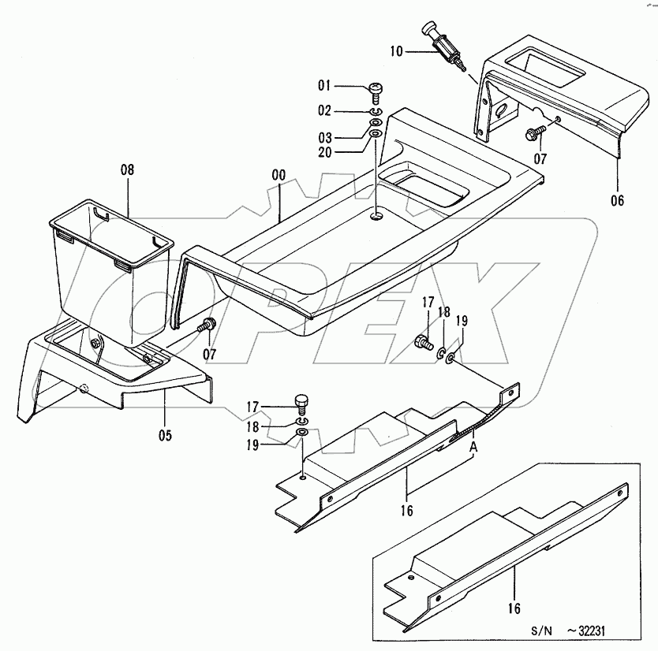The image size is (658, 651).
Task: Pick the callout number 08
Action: click(x=127, y=169)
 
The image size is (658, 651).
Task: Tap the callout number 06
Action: click(x=616, y=201)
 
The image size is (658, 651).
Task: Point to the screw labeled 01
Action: click(x=376, y=92)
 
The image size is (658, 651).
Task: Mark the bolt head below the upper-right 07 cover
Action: click(x=536, y=133)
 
